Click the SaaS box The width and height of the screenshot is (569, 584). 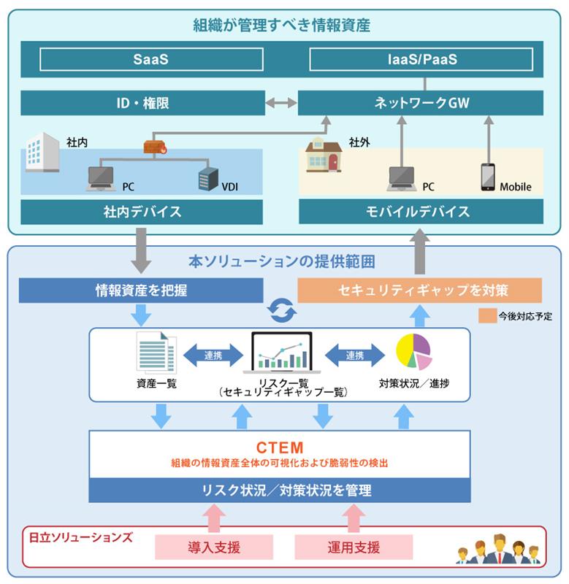coord(151,60)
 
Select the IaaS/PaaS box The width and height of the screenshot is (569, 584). coord(422,60)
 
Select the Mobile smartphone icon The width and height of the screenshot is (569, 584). coord(487,177)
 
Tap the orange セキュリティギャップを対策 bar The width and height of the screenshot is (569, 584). coord(420,290)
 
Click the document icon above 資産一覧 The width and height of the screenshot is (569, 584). coord(156,353)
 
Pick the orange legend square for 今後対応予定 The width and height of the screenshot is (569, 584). coord(487,316)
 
